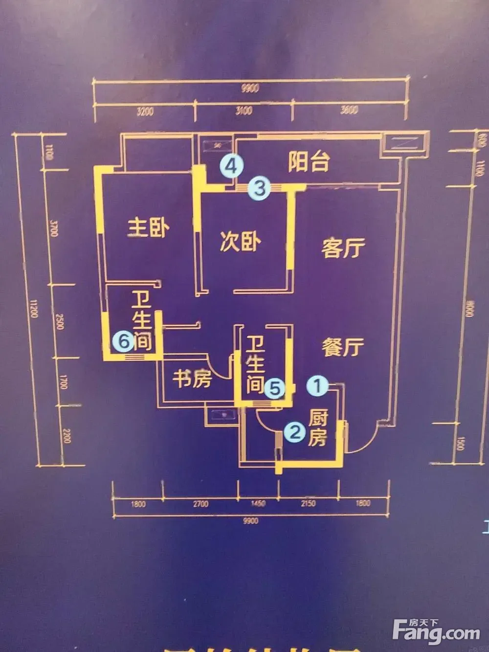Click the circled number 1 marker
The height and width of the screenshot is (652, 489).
(x=317, y=386)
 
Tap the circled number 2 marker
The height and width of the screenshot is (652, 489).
(x=295, y=432)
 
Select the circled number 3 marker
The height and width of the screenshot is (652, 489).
(x=259, y=188)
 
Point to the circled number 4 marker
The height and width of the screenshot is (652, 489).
(x=231, y=166)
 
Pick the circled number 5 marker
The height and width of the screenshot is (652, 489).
(x=275, y=389)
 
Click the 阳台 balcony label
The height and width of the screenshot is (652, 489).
(x=308, y=161)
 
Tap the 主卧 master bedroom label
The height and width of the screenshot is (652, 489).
(x=149, y=228)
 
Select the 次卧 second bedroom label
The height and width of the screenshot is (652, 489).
(x=240, y=242)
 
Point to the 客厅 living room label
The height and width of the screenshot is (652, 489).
(x=343, y=248)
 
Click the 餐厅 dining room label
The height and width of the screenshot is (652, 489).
(x=343, y=347)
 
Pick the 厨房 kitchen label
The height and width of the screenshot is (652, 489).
(x=318, y=428)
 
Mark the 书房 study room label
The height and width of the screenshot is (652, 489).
(x=192, y=378)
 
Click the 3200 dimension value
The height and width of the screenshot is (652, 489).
(x=145, y=112)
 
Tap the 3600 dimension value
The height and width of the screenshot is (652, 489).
(x=349, y=110)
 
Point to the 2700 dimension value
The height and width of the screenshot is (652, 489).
(x=200, y=503)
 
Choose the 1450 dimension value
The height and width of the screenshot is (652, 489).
(x=258, y=503)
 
